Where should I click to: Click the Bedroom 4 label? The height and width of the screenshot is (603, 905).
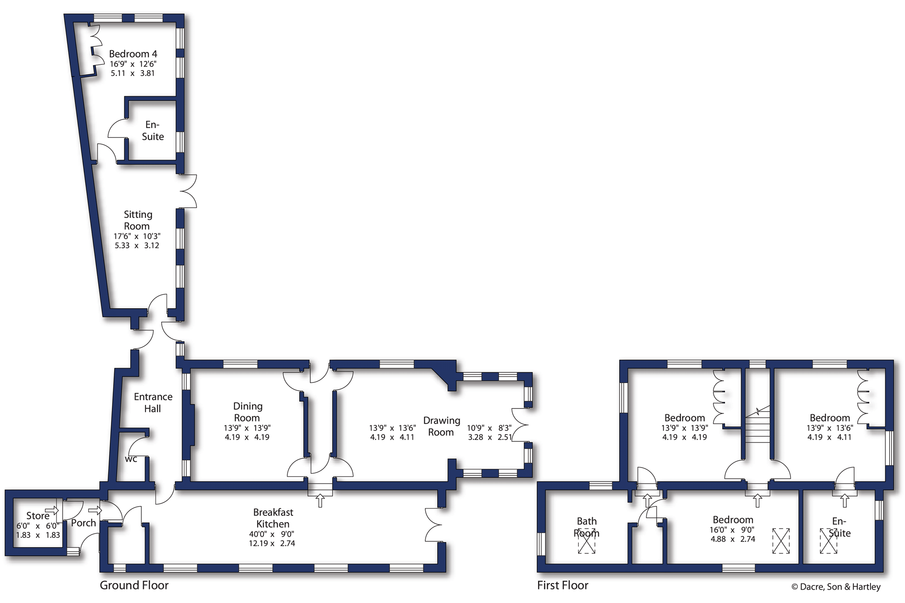tap(133, 54)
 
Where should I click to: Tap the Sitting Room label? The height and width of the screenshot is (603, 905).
tap(137, 220)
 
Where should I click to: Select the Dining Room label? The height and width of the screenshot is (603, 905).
tap(247, 412)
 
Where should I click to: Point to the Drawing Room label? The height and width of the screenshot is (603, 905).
tap(441, 426)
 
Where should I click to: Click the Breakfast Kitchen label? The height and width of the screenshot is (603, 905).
tap(273, 518)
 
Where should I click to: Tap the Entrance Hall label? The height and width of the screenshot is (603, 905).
tap(153, 403)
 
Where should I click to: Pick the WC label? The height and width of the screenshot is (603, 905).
tap(131, 459)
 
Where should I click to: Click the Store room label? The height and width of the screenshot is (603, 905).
tap(38, 516)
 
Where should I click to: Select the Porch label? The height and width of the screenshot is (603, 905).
tap(83, 523)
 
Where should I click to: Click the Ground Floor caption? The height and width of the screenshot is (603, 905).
tap(134, 585)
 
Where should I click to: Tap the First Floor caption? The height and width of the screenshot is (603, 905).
tap(563, 585)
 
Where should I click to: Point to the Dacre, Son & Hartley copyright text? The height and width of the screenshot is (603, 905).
tap(836, 587)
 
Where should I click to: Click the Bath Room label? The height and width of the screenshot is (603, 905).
tap(587, 527)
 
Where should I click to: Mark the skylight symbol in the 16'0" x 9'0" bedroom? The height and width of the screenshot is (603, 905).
tap(781, 541)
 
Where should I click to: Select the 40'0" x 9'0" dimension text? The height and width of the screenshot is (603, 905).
tap(272, 534)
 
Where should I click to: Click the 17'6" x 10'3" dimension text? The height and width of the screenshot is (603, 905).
tap(137, 236)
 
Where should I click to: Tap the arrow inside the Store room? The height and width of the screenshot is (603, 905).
tap(52, 510)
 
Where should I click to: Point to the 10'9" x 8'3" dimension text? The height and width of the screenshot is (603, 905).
tap(489, 428)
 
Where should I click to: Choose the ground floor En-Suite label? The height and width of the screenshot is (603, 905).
tap(153, 131)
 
